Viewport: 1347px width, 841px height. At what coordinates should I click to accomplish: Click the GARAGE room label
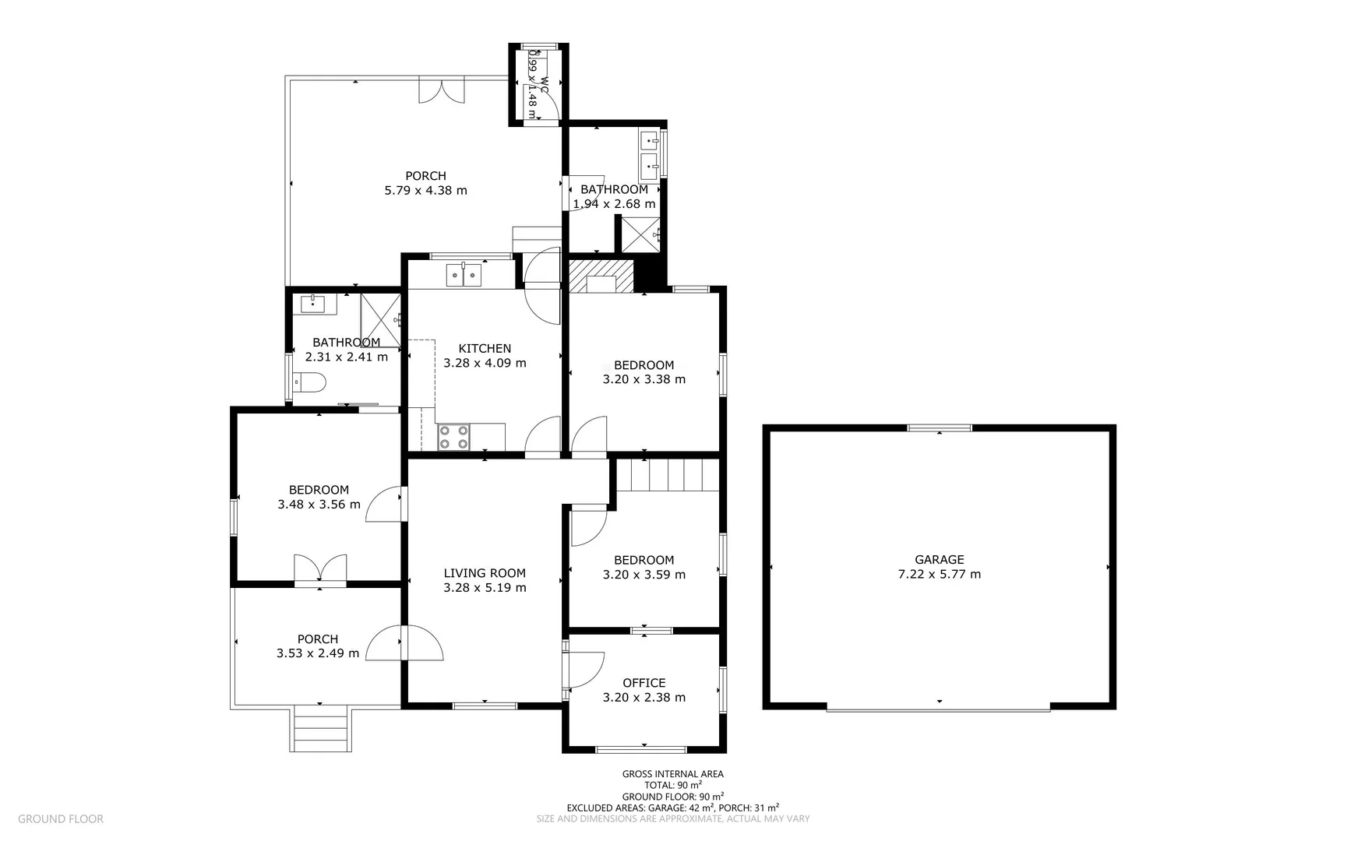[939, 559]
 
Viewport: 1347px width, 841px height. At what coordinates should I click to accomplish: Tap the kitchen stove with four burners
[453, 437]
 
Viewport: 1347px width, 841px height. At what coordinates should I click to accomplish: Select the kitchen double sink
[464, 275]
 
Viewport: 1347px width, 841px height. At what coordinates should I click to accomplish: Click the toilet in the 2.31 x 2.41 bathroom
[309, 382]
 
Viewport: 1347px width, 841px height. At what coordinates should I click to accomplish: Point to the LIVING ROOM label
[485, 573]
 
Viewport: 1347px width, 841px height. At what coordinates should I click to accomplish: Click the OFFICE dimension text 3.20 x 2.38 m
[644, 698]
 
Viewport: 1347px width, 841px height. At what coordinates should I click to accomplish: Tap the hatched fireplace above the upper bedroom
[601, 276]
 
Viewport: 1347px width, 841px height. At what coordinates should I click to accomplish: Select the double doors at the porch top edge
[442, 90]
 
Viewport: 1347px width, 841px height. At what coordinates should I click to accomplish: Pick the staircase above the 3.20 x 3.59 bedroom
[668, 474]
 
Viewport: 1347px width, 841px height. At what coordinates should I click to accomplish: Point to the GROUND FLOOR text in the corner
[61, 818]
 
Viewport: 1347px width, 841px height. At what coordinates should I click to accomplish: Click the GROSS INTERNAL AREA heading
[672, 774]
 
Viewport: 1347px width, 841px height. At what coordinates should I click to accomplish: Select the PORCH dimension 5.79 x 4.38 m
[425, 190]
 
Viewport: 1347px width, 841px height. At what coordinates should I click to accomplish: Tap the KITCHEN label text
[485, 348]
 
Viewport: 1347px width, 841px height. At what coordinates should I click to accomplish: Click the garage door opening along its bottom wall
[939, 708]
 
